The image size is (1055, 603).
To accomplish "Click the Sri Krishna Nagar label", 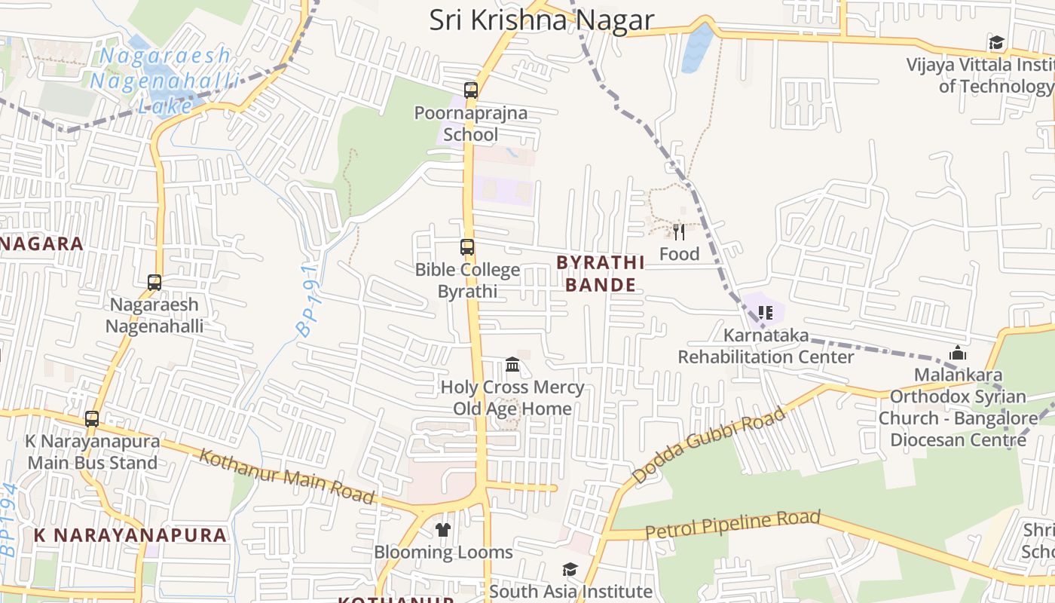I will click(541, 20).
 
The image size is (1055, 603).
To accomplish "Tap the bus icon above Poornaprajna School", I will click(471, 90).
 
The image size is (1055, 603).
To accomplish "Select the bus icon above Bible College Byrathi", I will click(467, 247).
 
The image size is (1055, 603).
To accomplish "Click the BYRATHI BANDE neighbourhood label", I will click(601, 274).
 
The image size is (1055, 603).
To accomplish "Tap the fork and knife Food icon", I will click(679, 231).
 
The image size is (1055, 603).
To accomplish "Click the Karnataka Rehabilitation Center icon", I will click(766, 312).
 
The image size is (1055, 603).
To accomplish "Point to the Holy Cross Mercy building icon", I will click(512, 365).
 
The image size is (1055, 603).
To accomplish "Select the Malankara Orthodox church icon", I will click(958, 353).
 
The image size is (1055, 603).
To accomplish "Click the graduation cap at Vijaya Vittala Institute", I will click(997, 42).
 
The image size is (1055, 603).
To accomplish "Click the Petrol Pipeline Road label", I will click(732, 525).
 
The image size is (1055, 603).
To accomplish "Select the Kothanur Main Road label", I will click(286, 476).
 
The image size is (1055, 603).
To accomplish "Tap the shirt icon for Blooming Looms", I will click(443, 530).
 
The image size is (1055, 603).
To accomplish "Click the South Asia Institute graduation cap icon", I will click(570, 570).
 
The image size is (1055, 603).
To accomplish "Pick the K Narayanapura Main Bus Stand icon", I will click(92, 419).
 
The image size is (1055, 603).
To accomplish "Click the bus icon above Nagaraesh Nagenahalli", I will click(154, 283).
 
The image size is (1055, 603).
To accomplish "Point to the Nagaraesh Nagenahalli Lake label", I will click(166, 80).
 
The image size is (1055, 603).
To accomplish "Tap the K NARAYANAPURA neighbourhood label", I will click(130, 535).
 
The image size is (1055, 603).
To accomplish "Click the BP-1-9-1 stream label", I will click(308, 300).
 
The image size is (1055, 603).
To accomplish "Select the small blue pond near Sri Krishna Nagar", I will click(699, 48).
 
